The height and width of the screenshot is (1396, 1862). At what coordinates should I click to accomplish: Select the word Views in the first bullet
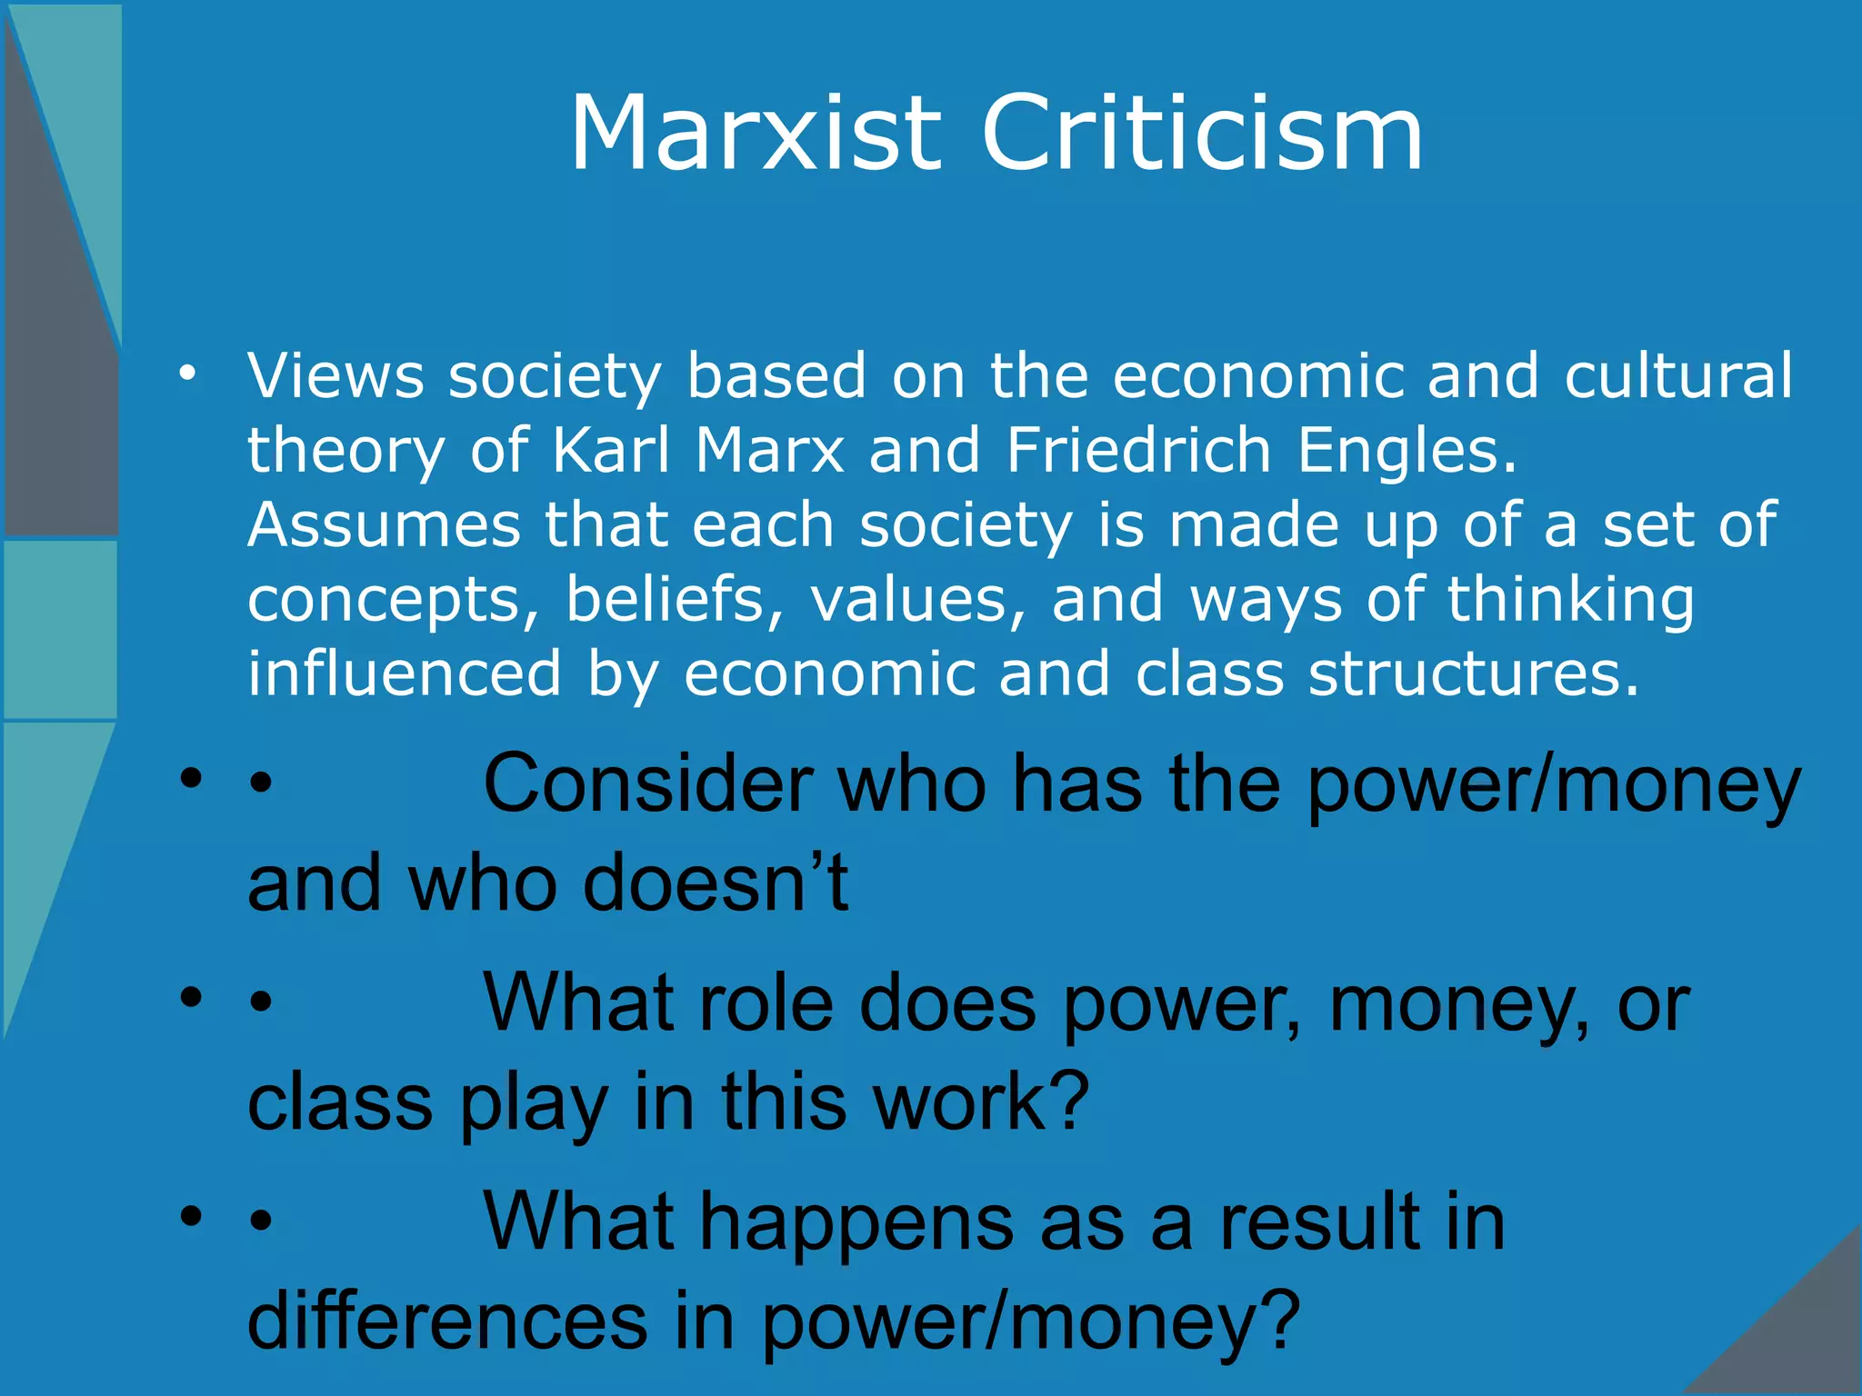(x=335, y=375)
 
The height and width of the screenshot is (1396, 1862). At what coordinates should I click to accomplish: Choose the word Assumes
(x=384, y=525)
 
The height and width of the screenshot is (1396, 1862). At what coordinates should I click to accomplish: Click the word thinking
(x=1570, y=600)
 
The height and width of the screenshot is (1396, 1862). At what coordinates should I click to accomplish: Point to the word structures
(x=1473, y=675)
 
